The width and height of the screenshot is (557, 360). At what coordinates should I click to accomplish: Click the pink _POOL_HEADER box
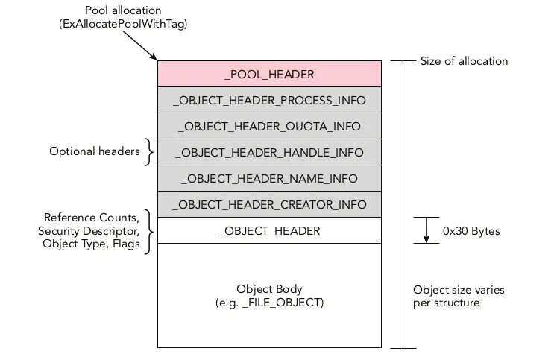pyautogui.click(x=269, y=74)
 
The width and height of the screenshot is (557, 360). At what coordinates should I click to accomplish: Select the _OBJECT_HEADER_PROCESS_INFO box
pyautogui.click(x=269, y=100)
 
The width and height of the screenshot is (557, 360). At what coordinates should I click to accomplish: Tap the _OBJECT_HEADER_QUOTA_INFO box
pyautogui.click(x=269, y=126)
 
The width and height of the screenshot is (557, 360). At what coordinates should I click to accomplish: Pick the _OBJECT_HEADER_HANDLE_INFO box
pyautogui.click(x=269, y=152)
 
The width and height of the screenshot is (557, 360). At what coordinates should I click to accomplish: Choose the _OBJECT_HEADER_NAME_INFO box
pyautogui.click(x=269, y=178)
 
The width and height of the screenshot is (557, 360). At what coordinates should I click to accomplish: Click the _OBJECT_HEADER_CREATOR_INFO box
pyautogui.click(x=269, y=204)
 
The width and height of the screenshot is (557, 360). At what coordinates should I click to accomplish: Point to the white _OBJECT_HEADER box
pyautogui.click(x=269, y=230)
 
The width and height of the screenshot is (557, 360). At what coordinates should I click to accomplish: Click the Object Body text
pyautogui.click(x=269, y=288)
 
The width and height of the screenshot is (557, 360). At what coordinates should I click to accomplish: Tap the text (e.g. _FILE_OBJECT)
pyautogui.click(x=269, y=303)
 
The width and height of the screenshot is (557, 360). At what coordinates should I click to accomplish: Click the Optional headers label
pyautogui.click(x=95, y=151)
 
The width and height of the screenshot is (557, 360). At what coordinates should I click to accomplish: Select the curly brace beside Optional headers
pyautogui.click(x=150, y=151)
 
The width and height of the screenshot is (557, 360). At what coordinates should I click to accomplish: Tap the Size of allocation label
pyautogui.click(x=464, y=60)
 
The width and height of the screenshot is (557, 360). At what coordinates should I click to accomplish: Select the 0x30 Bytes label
pyautogui.click(x=471, y=231)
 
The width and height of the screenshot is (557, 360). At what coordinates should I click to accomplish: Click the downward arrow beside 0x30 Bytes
pyautogui.click(x=427, y=230)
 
